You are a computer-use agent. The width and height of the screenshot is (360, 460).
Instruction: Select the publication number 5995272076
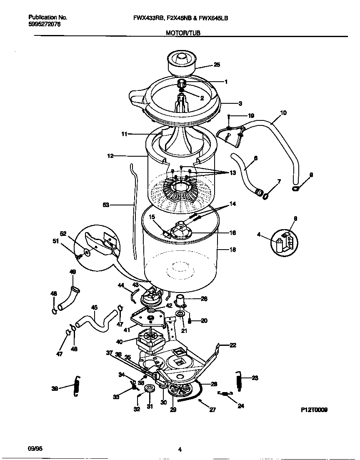tap(44, 25)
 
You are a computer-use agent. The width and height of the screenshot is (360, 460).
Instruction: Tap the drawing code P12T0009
tap(314, 410)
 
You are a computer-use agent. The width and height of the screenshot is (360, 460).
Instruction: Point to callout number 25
tap(217, 65)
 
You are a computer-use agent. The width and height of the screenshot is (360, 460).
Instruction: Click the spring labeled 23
tap(238, 380)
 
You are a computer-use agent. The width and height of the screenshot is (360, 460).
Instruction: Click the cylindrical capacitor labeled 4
tap(279, 245)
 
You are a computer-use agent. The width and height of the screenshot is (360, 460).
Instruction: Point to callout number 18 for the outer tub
tap(232, 250)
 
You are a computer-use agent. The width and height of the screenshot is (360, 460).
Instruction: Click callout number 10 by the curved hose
tap(283, 112)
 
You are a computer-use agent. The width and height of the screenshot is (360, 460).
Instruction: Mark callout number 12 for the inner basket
tap(110, 156)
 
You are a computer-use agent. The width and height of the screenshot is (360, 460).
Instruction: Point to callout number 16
tap(232, 233)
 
